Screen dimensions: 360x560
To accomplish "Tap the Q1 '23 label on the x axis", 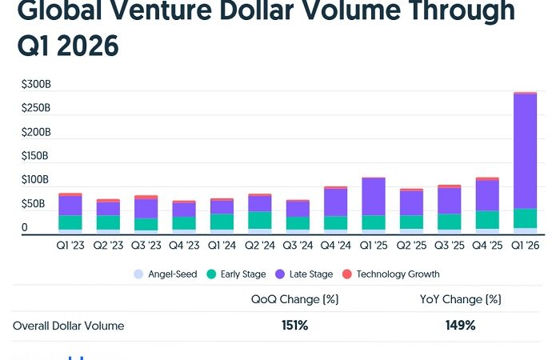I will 70,246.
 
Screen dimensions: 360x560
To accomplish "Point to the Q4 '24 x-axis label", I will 334,246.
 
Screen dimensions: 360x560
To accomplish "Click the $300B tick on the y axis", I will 37,83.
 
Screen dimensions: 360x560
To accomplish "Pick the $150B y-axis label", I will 37,156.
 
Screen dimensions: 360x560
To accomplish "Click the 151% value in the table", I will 294,326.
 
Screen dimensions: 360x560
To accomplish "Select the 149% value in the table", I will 460,326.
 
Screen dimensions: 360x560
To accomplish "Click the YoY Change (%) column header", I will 460,299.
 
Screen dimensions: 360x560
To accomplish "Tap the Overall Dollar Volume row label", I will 69,326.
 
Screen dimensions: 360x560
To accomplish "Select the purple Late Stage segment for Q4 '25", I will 487,195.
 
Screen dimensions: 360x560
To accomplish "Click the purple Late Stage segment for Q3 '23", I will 146,208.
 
